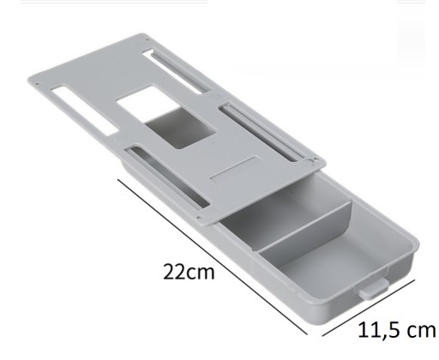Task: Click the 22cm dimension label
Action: [x=189, y=272]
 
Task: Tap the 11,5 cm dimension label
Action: [x=397, y=330]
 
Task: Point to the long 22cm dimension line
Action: [x=213, y=256]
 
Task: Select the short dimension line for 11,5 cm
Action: [x=369, y=308]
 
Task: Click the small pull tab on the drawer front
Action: [x=374, y=289]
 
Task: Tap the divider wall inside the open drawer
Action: [x=304, y=227]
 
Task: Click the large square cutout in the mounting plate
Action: [x=165, y=117]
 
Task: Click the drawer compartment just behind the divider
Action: [x=283, y=212]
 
